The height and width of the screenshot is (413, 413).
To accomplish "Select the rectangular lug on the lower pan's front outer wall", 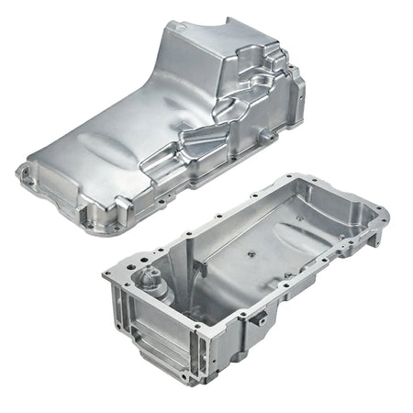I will pyautogui.click(x=261, y=320).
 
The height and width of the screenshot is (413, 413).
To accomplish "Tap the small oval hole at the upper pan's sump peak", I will pyautogui.click(x=187, y=29).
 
